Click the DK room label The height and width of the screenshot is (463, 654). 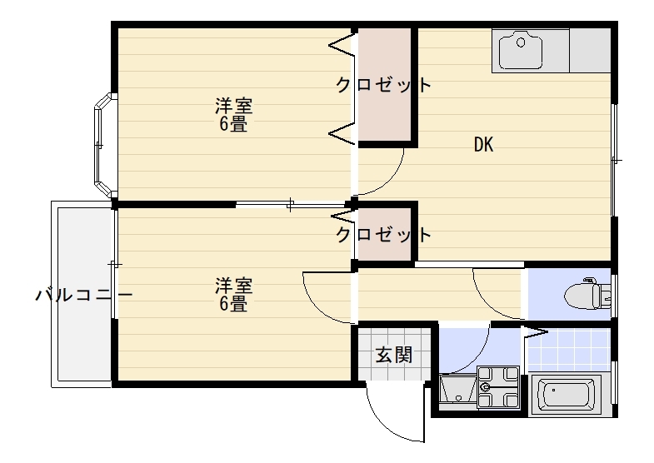point(483,145)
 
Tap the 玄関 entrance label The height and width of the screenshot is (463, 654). point(394,355)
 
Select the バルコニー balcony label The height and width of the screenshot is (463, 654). point(84,295)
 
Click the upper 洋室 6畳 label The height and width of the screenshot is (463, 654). point(233,115)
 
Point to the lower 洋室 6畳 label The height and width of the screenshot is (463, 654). point(233,295)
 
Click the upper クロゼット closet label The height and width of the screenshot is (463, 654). point(383,85)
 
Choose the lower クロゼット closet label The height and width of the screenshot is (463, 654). point(383,235)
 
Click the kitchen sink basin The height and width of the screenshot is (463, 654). point(521,51)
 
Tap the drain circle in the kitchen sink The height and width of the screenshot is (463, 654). point(521,42)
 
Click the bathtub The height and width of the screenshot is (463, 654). point(566,395)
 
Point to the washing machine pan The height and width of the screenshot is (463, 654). point(498,387)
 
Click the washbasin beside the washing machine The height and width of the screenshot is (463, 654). point(458,391)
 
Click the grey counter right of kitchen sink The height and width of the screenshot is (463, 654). point(590,51)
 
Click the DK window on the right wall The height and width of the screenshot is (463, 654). point(613,160)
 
